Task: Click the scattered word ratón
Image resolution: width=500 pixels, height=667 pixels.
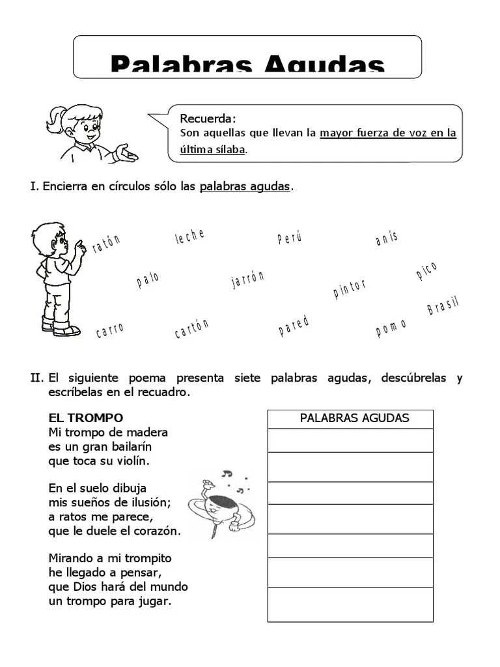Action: tap(107, 244)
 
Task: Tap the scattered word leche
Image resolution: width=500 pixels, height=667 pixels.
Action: tap(189, 237)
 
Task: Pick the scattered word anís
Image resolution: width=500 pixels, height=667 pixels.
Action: tap(387, 238)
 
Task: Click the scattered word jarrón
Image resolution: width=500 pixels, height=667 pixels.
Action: tap(248, 279)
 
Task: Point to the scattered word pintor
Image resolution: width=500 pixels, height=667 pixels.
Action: tap(350, 289)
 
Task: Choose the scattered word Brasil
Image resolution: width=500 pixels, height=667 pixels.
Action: tap(443, 305)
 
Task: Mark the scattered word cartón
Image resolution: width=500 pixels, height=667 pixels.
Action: tap(192, 329)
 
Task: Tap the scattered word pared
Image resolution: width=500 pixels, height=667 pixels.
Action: tap(294, 326)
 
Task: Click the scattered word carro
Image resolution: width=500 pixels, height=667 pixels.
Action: tap(109, 330)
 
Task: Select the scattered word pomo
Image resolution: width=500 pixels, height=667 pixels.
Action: tap(391, 328)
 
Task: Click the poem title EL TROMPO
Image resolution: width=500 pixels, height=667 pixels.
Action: tap(86, 418)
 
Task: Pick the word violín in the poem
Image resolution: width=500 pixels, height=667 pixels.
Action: tap(132, 461)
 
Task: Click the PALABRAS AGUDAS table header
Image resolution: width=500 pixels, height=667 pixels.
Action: tap(354, 418)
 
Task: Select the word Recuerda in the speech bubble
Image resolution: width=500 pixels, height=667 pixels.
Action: tap(208, 119)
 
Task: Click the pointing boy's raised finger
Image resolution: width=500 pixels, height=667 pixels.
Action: tap(79, 244)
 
